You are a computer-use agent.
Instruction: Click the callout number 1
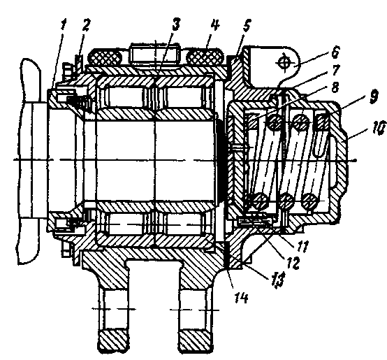[64, 25]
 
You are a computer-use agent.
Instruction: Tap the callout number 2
[86, 25]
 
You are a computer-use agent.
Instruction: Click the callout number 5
[247, 25]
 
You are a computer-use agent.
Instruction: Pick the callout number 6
[335, 52]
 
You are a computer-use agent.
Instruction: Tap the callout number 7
[336, 70]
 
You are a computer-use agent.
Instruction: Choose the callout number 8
[335, 87]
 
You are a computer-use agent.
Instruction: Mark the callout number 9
[373, 96]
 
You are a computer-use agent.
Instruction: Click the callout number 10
[378, 129]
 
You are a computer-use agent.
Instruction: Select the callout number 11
[302, 246]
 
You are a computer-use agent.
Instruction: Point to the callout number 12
[293, 263]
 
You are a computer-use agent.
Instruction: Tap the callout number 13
[277, 280]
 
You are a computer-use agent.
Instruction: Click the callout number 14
[240, 298]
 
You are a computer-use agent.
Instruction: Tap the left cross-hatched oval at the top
[105, 58]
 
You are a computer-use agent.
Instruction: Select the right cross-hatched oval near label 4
[205, 58]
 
